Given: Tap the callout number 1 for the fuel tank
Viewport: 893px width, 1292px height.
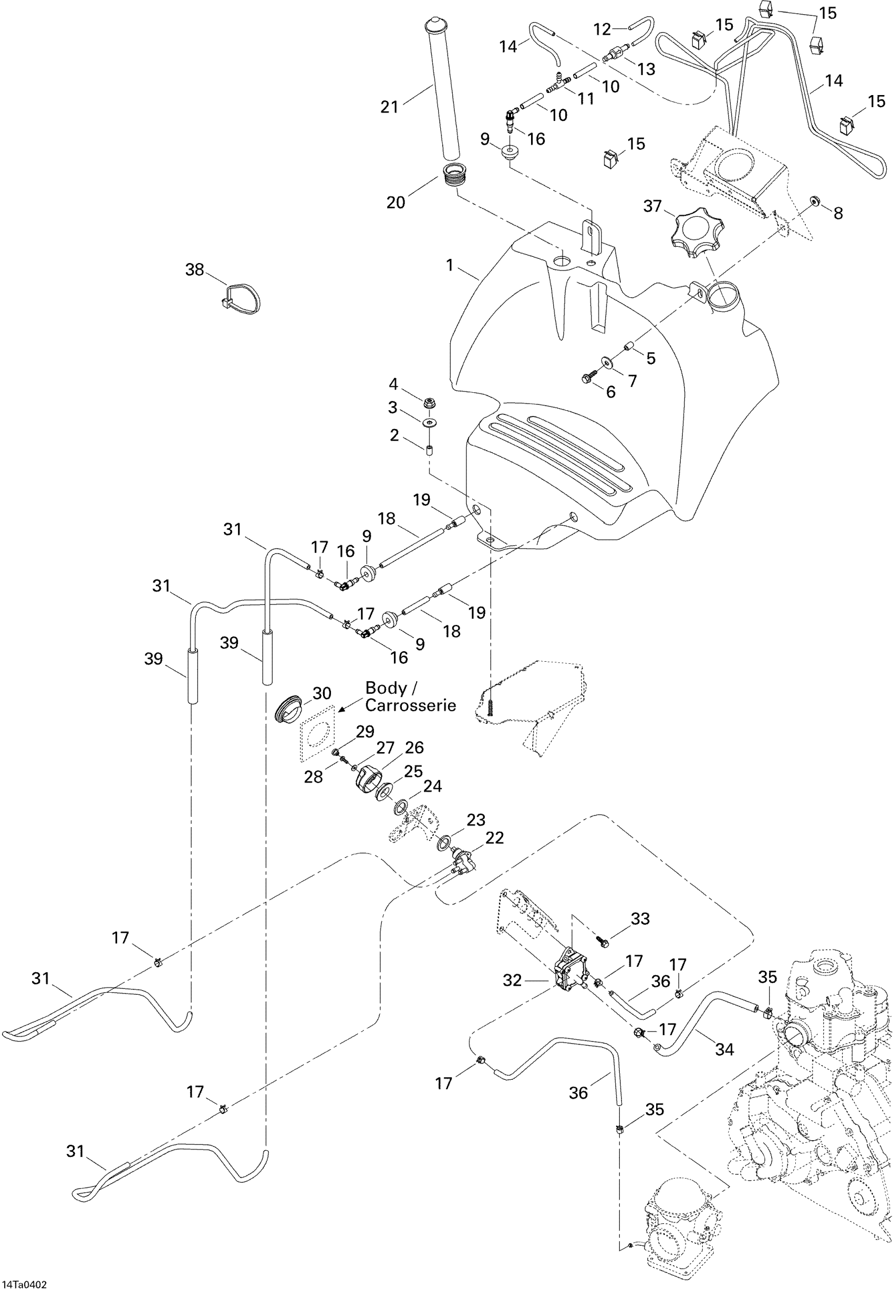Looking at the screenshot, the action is (449, 265).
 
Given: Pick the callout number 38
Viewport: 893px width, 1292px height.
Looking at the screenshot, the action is (195, 269).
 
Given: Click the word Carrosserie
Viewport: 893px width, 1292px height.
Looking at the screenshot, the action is (410, 705).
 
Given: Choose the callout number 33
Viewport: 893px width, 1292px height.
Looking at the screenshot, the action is (641, 919).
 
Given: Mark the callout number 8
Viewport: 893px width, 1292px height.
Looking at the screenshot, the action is (838, 213).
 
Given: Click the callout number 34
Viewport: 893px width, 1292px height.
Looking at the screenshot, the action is (724, 1049).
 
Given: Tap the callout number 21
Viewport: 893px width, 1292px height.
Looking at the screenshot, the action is (389, 106).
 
